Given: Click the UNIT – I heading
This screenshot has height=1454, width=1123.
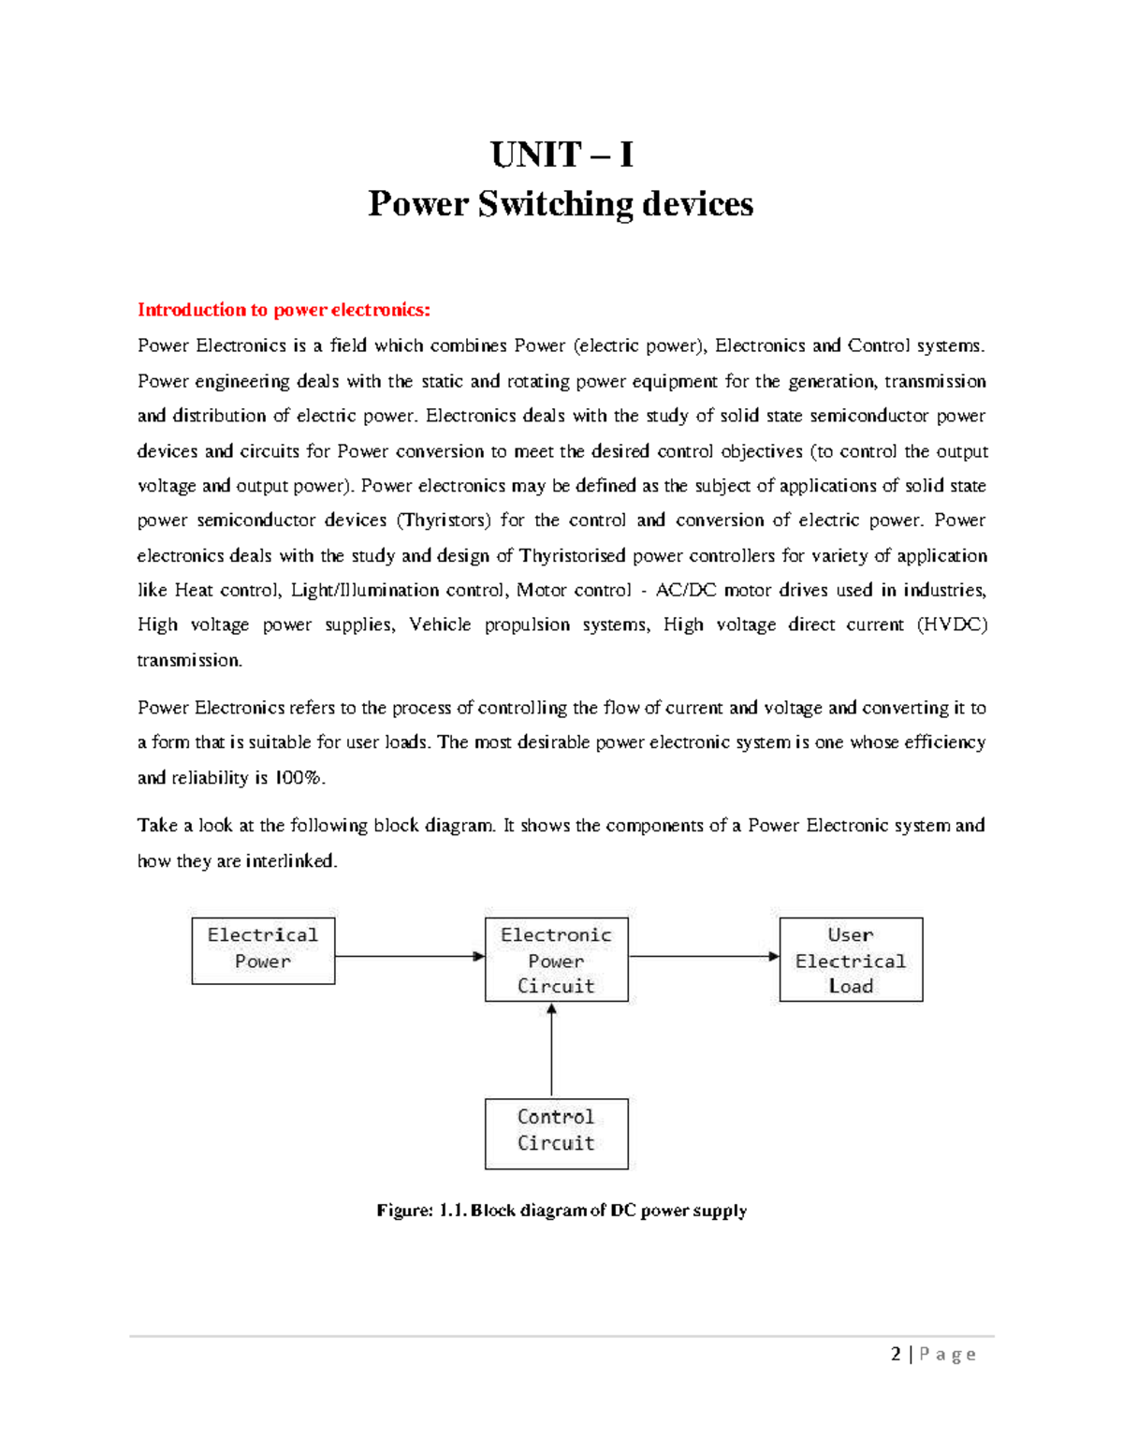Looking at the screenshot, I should [x=561, y=154].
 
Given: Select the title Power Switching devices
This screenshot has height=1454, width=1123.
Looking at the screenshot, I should [x=561, y=204].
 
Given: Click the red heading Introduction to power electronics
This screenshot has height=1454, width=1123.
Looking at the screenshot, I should [x=284, y=310].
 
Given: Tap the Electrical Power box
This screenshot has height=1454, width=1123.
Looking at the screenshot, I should [x=263, y=950].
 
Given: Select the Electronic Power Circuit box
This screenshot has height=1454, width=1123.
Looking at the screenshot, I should [x=556, y=960].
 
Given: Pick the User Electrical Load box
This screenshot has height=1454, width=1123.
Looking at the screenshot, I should [x=851, y=960].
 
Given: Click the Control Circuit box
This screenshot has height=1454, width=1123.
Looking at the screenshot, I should [x=556, y=1133].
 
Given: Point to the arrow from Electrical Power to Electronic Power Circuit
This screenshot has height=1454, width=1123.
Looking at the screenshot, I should [x=409, y=956].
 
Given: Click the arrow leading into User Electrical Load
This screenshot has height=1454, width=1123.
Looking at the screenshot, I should [x=704, y=956].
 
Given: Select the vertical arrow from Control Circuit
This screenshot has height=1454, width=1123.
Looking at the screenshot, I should [x=552, y=1050].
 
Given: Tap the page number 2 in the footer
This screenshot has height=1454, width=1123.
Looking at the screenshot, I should [x=897, y=1354].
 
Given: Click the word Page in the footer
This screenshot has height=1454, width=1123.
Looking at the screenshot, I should [x=948, y=1354].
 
